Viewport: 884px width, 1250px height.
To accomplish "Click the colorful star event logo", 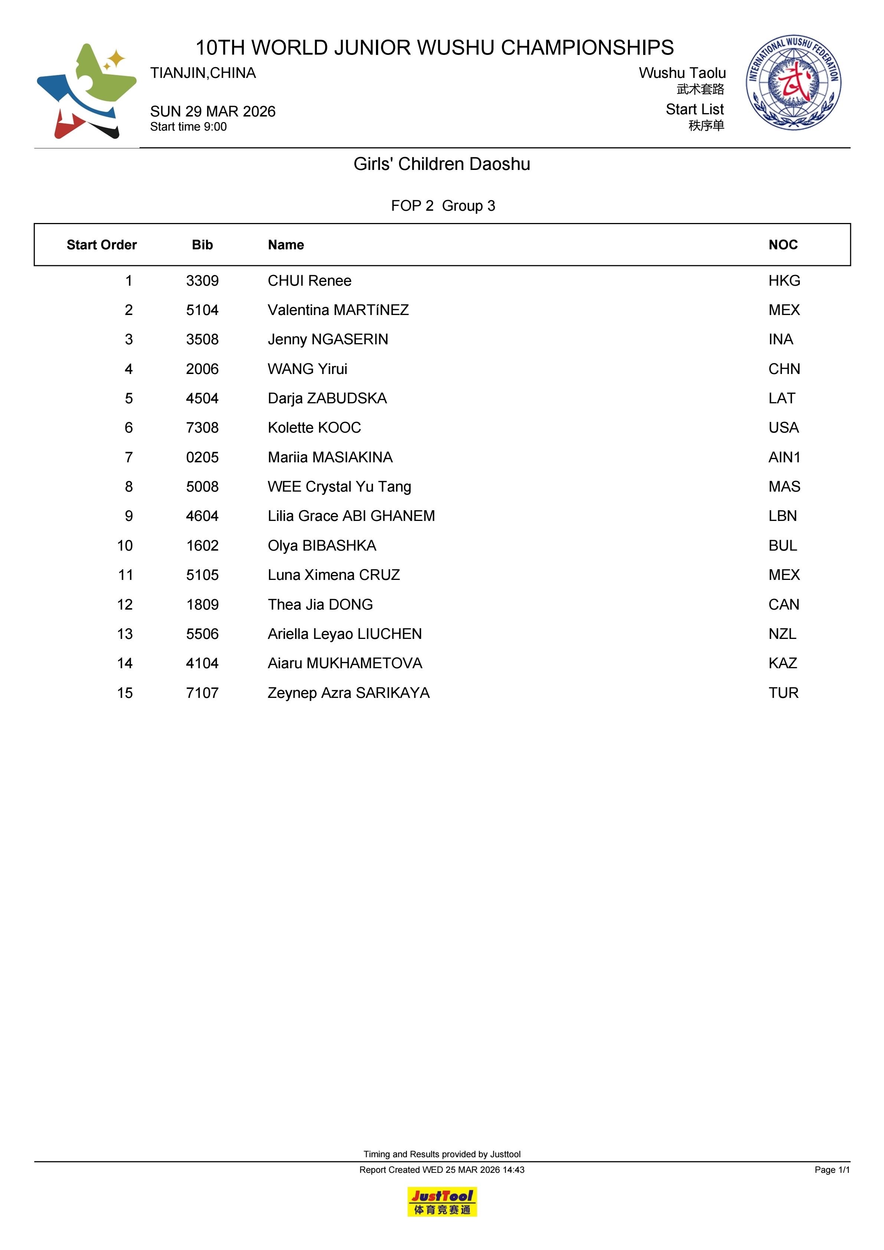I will click(86, 91).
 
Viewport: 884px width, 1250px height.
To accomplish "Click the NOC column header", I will click(783, 245).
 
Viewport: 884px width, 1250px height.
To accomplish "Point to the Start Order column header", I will click(101, 245).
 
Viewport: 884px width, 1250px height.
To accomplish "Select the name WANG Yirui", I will click(307, 369).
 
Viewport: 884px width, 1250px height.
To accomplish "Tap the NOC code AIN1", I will click(784, 457).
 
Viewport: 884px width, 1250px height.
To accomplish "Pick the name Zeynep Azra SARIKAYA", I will click(348, 693).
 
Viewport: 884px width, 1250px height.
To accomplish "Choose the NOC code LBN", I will click(782, 516).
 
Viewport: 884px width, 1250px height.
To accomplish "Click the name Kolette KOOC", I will click(314, 428).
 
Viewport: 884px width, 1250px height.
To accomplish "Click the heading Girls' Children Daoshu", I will click(442, 164).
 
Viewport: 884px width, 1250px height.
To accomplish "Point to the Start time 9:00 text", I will click(189, 127).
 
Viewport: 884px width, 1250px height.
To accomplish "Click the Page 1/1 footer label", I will click(832, 1170).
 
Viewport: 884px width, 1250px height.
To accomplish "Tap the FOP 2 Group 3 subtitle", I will click(443, 206).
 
